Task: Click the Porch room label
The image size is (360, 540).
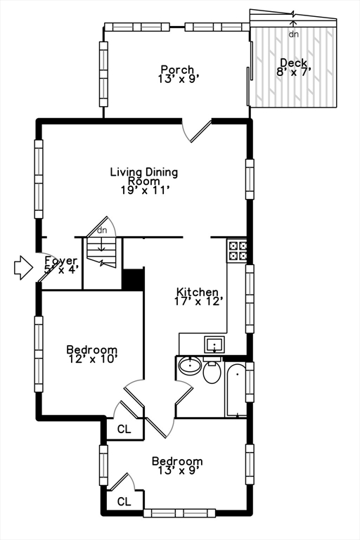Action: (x=177, y=74)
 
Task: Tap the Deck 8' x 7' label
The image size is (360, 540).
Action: (x=294, y=67)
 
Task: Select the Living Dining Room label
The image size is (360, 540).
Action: (x=144, y=181)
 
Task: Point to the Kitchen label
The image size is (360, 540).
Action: (x=197, y=297)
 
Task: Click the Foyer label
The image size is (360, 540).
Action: (x=61, y=265)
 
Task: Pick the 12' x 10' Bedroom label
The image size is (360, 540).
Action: (x=92, y=354)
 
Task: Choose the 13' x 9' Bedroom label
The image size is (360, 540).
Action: (x=177, y=465)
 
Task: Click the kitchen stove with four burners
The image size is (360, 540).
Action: (x=238, y=250)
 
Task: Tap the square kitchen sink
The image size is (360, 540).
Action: (x=214, y=345)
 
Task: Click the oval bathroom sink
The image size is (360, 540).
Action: (x=190, y=366)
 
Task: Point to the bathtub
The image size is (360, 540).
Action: (x=236, y=390)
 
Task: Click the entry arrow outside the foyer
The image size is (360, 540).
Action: (x=23, y=267)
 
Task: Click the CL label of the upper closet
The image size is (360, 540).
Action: (x=124, y=429)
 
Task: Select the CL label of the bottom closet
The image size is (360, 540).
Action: (x=124, y=502)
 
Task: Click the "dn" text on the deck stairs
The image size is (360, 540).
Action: (x=293, y=34)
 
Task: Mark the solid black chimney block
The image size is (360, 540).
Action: (x=133, y=280)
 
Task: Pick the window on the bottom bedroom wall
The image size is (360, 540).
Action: (x=179, y=513)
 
